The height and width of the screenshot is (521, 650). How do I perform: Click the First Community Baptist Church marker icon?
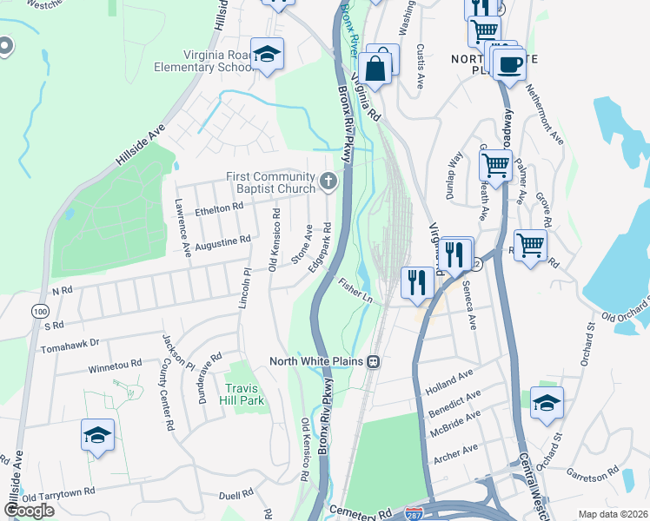[328, 181]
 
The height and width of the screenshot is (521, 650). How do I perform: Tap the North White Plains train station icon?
[373, 361]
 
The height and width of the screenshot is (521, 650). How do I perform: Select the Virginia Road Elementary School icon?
[268, 55]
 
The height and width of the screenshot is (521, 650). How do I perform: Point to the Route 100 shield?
[40, 311]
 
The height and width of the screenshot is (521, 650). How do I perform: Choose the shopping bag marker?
[375, 69]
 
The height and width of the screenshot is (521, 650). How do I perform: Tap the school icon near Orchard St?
[547, 403]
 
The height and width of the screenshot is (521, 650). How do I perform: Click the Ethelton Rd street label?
[218, 208]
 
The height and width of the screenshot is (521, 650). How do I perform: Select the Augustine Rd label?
[222, 241]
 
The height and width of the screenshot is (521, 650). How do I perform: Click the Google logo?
[30, 511]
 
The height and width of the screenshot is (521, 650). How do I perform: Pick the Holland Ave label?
[448, 382]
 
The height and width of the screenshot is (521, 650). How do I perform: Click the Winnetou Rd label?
[115, 366]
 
